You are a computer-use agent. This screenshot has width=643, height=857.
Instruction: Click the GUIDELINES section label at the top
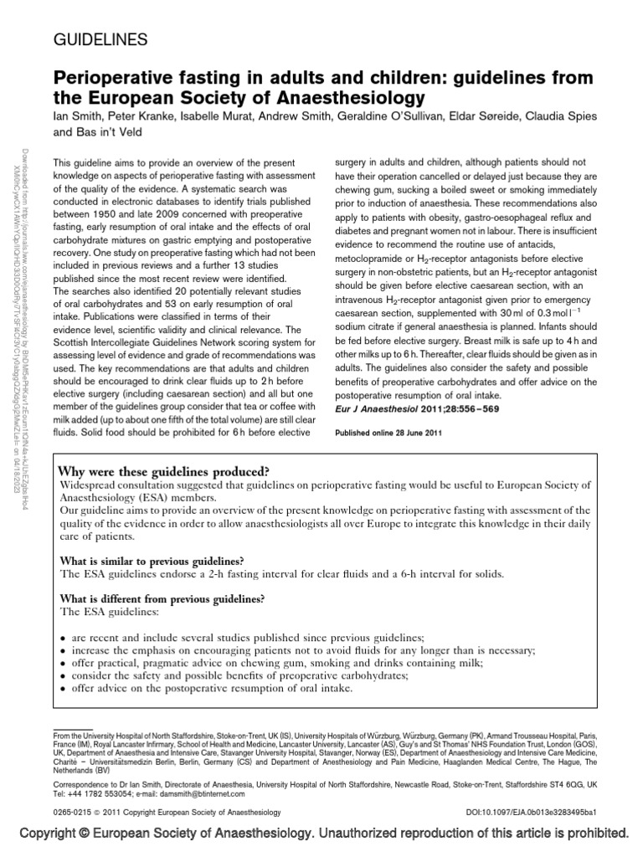click(100, 38)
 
